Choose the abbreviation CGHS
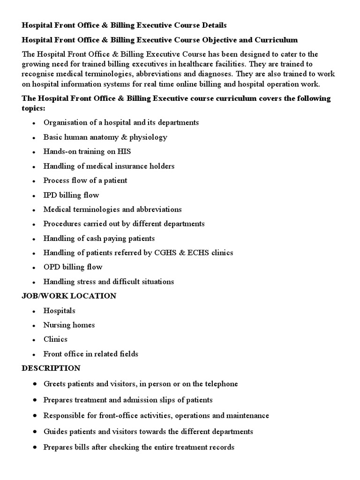point(167,253)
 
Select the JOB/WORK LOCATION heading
point(69,296)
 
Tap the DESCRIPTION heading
point(51,368)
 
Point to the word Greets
point(54,384)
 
